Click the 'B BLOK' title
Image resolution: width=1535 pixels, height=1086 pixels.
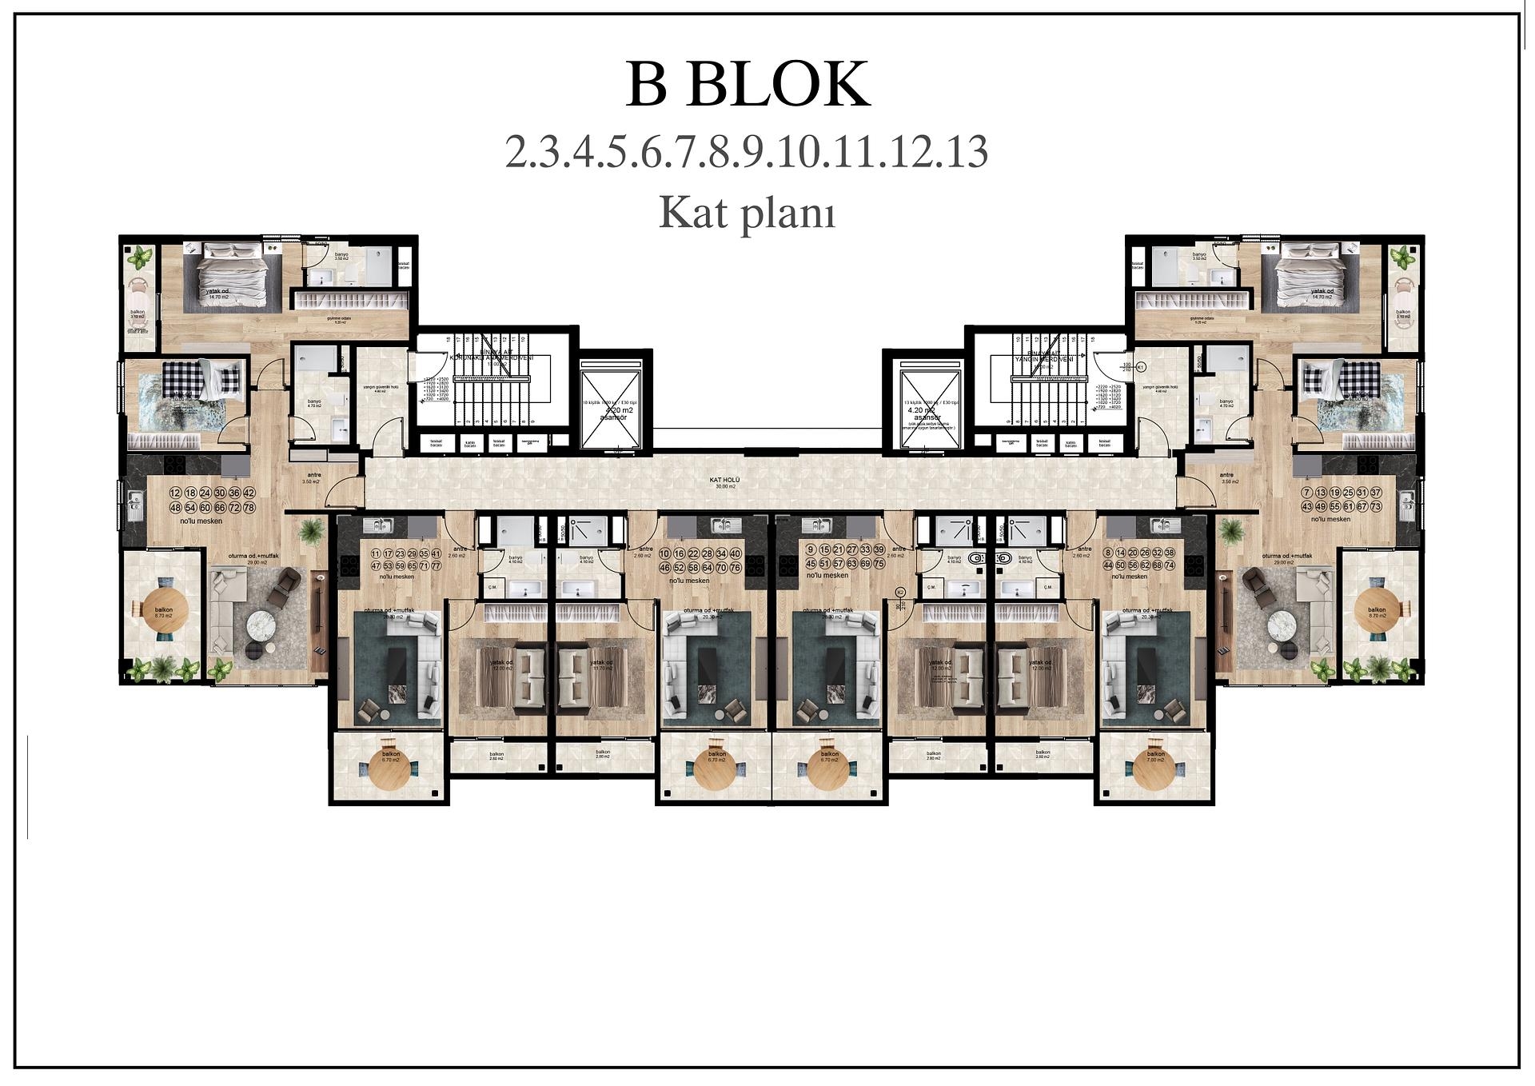(x=747, y=85)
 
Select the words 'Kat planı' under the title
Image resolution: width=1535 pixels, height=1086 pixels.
(x=747, y=214)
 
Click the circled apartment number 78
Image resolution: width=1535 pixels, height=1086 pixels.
(x=249, y=508)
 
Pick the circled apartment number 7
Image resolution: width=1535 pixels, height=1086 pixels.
(x=1306, y=493)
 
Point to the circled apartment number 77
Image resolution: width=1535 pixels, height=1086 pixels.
(x=436, y=566)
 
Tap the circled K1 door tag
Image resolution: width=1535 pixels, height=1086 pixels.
(x=1141, y=367)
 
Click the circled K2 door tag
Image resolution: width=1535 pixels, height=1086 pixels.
(x=899, y=593)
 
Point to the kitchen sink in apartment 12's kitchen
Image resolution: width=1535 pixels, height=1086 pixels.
(x=133, y=503)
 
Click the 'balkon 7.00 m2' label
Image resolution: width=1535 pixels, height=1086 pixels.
(x=1154, y=756)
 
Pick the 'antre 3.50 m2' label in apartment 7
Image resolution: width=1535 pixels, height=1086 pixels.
(x=1227, y=478)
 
